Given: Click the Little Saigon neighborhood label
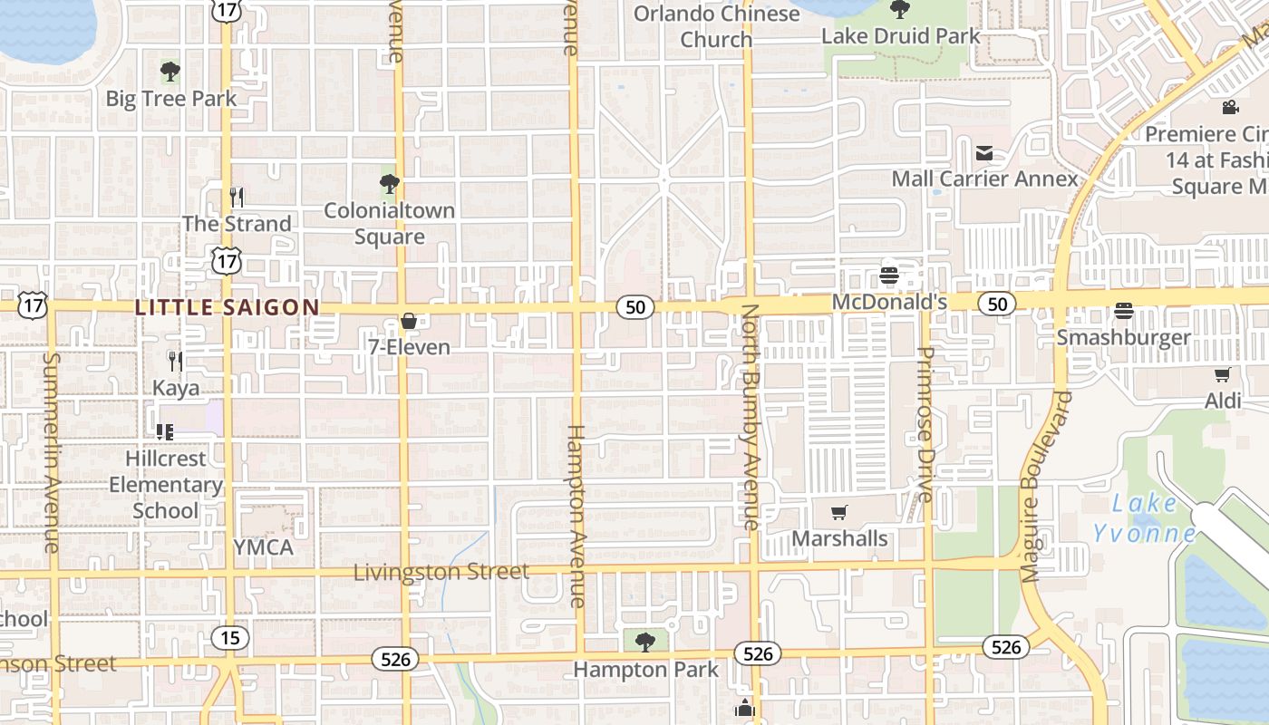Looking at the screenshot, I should [x=227, y=308].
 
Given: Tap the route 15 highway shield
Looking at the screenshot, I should [x=230, y=638].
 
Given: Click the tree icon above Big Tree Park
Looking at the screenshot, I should [x=170, y=72].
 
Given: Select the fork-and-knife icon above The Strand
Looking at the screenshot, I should [x=237, y=197].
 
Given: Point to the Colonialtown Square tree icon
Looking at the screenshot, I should [x=390, y=185].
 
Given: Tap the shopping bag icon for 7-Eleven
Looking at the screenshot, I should [x=409, y=321].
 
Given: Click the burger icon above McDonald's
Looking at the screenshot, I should [x=889, y=275].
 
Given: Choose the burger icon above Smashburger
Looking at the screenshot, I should [x=1124, y=311].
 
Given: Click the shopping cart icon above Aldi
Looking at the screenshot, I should [x=1222, y=374].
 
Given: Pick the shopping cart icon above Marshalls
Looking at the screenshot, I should [x=839, y=513].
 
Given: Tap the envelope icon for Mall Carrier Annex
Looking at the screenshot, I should [x=984, y=153].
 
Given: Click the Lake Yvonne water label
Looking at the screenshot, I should [x=1144, y=517].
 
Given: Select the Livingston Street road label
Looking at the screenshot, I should [x=441, y=572].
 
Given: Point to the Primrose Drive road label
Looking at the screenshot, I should [x=925, y=424].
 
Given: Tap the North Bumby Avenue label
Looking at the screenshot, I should [x=751, y=417].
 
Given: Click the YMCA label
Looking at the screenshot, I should [x=263, y=547].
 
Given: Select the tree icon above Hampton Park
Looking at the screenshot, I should [x=645, y=643].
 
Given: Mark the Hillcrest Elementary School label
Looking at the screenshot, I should [x=165, y=485].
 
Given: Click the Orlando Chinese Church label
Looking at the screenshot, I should [x=716, y=26].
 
